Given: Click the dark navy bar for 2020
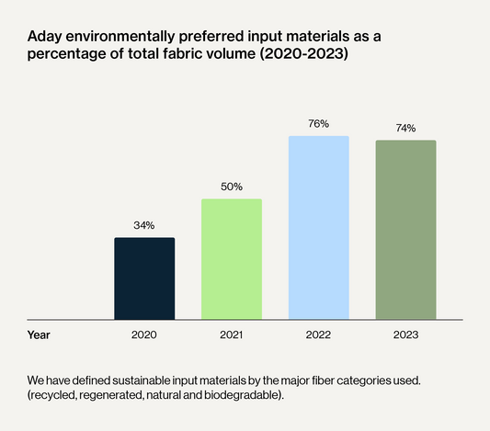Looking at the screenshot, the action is pos(144,278).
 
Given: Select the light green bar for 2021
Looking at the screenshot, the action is pos(232,259).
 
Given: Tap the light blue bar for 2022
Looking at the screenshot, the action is pos(319,228).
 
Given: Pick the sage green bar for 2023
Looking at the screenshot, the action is pos(406,230).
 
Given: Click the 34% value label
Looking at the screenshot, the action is pos(144,225).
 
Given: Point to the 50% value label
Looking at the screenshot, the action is pos(232,187).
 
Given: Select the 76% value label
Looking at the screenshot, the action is pos(319,124).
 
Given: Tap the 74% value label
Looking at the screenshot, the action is pos(406,128).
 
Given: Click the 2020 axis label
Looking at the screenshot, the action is pos(144,335).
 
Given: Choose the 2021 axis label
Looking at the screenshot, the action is pos(232,335).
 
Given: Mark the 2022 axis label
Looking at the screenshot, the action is pos(318,335).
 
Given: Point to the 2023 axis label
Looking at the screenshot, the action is pos(406,335).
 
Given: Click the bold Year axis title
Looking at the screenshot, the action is pos(39,335).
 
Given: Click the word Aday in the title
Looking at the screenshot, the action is pos(45,37).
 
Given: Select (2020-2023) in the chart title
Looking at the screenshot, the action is pos(303,53).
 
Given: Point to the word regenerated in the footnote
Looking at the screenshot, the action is pos(111,395).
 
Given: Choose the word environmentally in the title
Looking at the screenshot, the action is pos(120,37).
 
